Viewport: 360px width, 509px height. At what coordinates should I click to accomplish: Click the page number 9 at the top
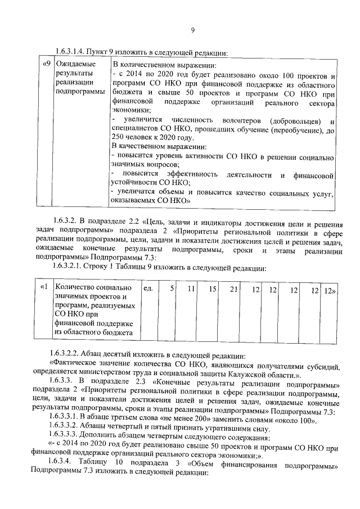tap(192, 30)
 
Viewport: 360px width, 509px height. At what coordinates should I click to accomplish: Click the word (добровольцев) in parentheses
tap(296, 120)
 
